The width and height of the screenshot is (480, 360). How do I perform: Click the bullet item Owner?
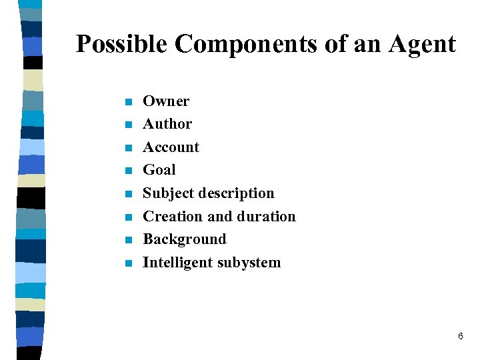pyautogui.click(x=166, y=101)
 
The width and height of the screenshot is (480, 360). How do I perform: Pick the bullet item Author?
pyautogui.click(x=167, y=124)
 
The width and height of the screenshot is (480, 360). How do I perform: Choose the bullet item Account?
pyautogui.click(x=171, y=147)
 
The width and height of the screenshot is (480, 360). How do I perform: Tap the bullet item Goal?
pyautogui.click(x=159, y=170)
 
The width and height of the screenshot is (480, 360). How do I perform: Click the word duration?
pyautogui.click(x=266, y=217)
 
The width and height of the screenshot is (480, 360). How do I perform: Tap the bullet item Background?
pyautogui.click(x=185, y=239)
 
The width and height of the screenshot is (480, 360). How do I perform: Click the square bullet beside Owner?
pyautogui.click(x=129, y=102)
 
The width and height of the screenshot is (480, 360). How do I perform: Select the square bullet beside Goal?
pyautogui.click(x=129, y=171)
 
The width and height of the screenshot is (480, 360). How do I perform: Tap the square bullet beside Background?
pyautogui.click(x=129, y=240)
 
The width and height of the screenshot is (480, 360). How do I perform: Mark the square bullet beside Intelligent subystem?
pyautogui.click(x=129, y=263)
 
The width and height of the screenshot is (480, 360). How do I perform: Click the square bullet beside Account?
pyautogui.click(x=129, y=148)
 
